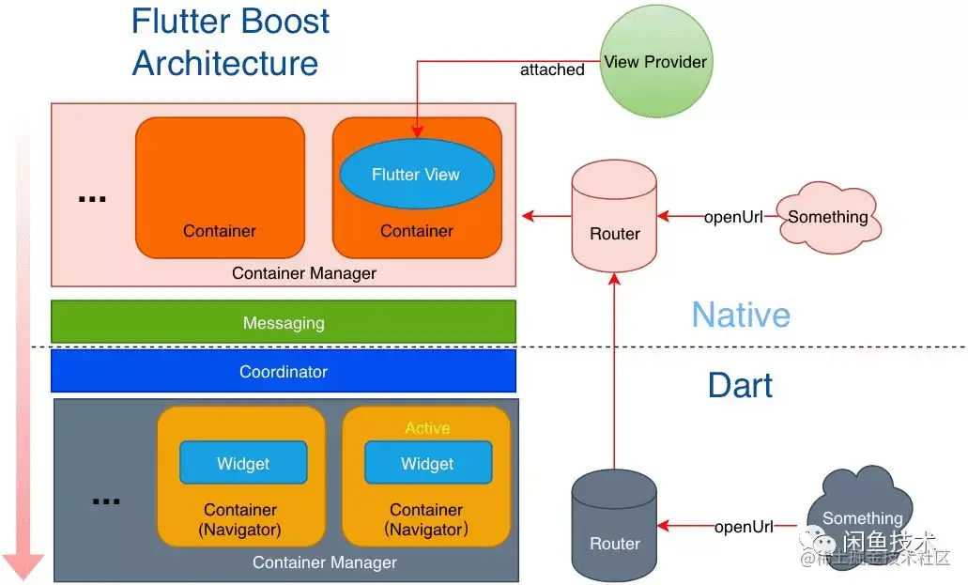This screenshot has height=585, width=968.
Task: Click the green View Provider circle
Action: click(654, 64)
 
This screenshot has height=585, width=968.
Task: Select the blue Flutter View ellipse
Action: click(416, 175)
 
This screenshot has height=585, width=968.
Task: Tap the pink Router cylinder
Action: click(615, 218)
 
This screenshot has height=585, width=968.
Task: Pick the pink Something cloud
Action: click(827, 217)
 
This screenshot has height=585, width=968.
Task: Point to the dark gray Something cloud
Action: click(859, 517)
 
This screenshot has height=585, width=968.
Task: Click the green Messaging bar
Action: click(284, 322)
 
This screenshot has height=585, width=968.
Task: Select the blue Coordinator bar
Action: click(284, 371)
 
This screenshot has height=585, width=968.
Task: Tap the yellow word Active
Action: click(427, 428)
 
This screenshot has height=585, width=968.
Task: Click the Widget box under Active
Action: click(427, 464)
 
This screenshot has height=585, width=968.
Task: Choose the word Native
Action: click(741, 315)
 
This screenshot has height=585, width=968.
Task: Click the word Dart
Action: click(741, 385)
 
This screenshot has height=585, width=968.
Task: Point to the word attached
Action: click(552, 69)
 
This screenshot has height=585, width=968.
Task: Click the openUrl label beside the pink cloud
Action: click(733, 217)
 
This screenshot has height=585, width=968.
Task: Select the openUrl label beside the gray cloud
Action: click(744, 527)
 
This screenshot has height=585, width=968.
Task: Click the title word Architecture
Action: click(225, 64)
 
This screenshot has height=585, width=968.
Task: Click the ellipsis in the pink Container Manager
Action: click(92, 199)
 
